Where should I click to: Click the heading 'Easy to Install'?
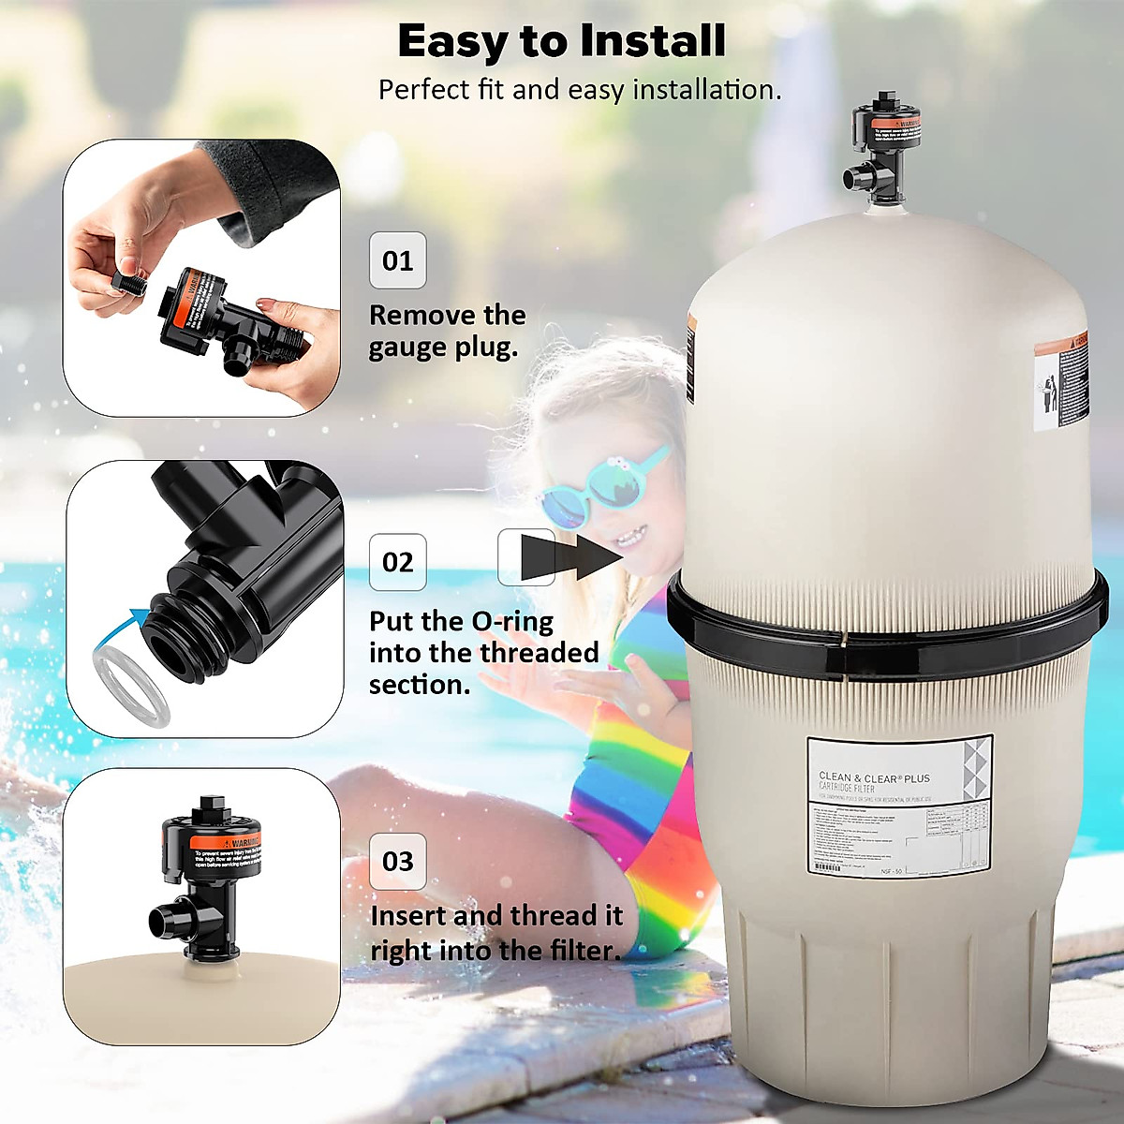pos(561,41)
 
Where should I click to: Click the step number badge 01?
pos(397,260)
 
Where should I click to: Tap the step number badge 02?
pos(397,562)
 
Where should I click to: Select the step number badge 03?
pos(397,861)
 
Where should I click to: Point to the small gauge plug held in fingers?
pos(126,282)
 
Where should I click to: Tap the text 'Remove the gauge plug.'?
pos(447,331)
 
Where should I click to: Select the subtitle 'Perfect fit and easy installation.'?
pos(579,90)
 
